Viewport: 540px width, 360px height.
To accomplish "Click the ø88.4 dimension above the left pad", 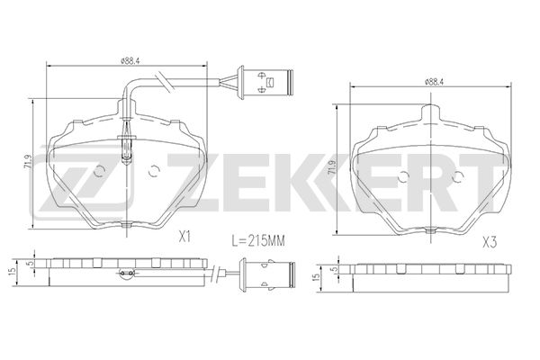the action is pos(130,61).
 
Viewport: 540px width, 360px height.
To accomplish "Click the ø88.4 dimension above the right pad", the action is pos(434,82).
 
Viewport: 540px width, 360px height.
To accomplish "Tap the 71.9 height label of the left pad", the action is pos(28,162).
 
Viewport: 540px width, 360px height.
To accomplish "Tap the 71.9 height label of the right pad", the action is pos(332,167).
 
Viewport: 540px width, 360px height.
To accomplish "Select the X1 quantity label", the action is pos(184,237).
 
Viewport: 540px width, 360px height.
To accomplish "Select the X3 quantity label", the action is pos(490,243).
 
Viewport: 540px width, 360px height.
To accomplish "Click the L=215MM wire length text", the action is pos(258,241).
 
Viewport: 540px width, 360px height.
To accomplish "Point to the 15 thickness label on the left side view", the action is pos(13,271).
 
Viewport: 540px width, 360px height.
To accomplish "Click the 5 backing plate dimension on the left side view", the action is pos(31,263).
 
